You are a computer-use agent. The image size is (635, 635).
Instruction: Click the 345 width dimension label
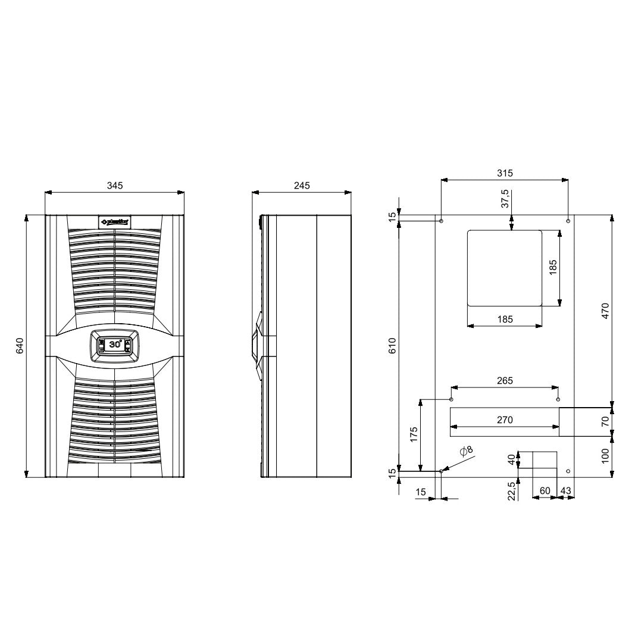(x=115, y=186)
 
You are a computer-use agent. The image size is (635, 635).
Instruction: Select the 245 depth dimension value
(x=302, y=186)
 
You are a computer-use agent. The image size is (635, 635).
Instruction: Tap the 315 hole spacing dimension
(x=505, y=173)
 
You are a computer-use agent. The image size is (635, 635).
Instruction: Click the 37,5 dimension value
(x=505, y=199)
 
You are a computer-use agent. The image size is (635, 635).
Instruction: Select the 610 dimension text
(x=392, y=346)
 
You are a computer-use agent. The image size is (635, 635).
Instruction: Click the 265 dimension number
(x=505, y=381)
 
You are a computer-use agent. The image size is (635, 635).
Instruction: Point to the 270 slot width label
(x=505, y=420)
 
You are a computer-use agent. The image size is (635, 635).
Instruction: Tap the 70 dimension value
(x=605, y=422)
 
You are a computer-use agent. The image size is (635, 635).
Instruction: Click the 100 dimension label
(x=605, y=456)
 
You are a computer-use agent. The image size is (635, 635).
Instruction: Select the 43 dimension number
(x=566, y=490)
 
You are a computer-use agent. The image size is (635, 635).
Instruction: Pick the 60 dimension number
(x=544, y=490)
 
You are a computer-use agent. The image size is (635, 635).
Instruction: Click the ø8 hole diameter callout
(x=467, y=451)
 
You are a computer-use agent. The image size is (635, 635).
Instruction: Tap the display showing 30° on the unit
(x=115, y=344)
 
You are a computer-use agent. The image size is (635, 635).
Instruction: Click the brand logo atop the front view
(x=115, y=221)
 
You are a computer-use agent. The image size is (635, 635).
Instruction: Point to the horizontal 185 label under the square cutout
(x=505, y=320)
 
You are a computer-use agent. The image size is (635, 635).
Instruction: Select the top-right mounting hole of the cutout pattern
(x=568, y=221)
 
